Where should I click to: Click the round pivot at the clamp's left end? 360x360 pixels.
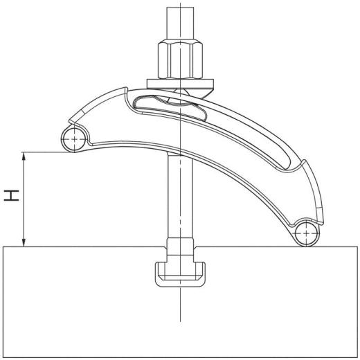(73, 138)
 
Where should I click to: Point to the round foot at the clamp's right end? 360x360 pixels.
(304, 234)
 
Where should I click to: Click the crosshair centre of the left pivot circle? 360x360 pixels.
(73, 138)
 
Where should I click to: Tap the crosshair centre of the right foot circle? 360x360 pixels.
(304, 234)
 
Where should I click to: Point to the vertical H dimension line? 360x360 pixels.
(26, 201)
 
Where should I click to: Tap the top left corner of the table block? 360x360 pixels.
(3, 246)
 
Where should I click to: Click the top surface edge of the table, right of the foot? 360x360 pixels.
(339, 246)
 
